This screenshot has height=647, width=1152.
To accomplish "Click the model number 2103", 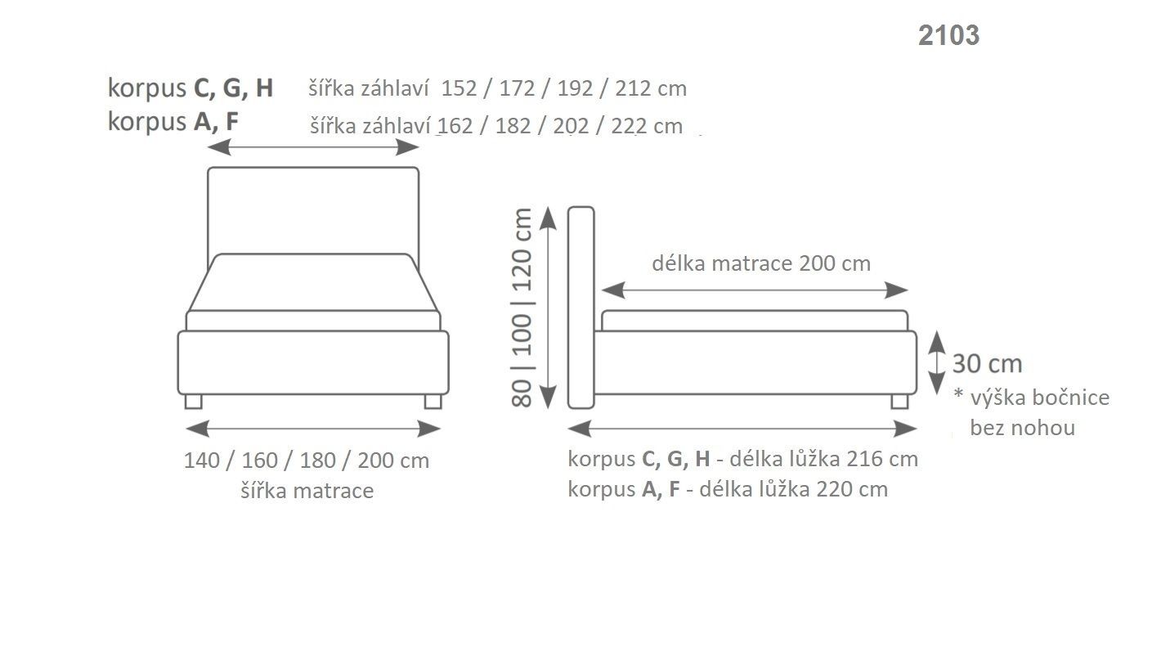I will [948, 35].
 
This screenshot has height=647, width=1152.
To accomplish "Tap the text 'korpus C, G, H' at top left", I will [190, 88].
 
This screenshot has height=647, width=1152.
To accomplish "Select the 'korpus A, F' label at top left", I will [173, 122].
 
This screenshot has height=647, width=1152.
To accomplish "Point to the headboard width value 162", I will [455, 127].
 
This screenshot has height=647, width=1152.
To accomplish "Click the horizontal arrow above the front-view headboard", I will [313, 147].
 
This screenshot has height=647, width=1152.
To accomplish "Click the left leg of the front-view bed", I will [194, 401].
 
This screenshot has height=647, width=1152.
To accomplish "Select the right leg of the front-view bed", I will [433, 401].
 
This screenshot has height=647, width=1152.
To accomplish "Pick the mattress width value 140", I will [201, 461].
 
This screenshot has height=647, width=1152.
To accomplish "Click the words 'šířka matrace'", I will [307, 491].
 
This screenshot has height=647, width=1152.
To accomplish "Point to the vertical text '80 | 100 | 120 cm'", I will [522, 307].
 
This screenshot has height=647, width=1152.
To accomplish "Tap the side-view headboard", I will [580, 307].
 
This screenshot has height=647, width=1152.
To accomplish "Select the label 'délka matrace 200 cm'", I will [760, 263].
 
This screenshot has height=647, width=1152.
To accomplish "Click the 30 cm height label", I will [987, 364].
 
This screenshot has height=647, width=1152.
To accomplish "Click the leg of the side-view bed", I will [899, 401].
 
